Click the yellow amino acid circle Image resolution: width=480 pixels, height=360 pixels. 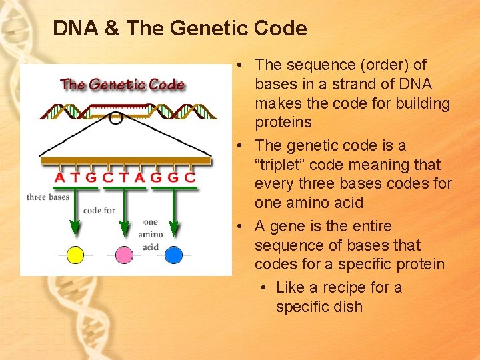[75, 255]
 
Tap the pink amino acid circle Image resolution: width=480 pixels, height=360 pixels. [124, 255]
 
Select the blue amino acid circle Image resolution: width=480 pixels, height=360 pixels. [173, 255]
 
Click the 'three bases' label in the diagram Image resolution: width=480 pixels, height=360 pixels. [48, 197]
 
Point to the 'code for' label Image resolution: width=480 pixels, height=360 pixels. [99, 210]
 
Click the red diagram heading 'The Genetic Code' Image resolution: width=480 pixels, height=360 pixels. [123, 85]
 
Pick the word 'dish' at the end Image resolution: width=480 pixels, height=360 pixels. [349, 307]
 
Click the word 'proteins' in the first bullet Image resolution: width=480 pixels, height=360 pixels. [283, 122]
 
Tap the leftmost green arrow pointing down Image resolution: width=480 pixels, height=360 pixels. [75, 213]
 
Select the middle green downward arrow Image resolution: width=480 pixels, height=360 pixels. [124, 213]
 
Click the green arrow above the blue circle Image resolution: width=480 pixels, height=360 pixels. [173, 213]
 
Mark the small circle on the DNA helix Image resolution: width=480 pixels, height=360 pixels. [116, 119]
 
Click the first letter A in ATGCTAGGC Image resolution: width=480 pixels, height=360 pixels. [60, 178]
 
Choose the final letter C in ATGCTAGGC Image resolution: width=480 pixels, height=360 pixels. [190, 178]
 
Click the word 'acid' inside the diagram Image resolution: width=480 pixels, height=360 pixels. [151, 247]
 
